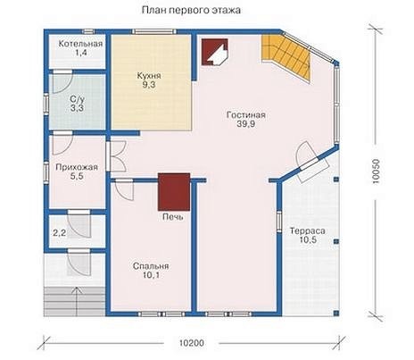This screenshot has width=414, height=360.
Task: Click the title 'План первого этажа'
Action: (191, 11)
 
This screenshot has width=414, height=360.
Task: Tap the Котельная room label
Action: (80, 44)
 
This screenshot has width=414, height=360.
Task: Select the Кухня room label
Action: (149, 75)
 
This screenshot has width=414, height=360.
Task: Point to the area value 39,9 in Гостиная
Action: (246, 124)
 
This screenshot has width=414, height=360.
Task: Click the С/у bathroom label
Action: (77, 99)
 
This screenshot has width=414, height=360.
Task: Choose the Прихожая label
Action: (77, 167)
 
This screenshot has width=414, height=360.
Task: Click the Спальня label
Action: (151, 266)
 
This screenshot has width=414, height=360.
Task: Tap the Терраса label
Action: (308, 230)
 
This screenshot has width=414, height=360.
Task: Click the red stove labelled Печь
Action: (174, 192)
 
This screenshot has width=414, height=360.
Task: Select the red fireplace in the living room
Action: (215, 52)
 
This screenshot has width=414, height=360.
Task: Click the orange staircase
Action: (286, 56)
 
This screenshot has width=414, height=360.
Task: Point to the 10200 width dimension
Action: (192, 343)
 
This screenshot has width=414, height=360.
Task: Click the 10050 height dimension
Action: (376, 172)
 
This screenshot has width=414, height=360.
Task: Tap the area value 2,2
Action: (60, 233)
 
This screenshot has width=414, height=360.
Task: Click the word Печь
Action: (173, 217)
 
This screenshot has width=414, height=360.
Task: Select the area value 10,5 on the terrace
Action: (308, 240)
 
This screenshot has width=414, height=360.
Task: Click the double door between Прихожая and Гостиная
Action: (118, 155)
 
